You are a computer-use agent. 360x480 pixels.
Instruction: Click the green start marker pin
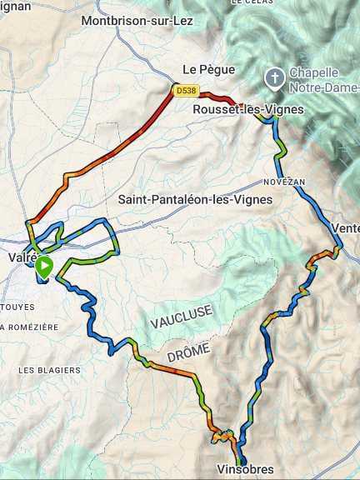pyautogui.click(x=44, y=266)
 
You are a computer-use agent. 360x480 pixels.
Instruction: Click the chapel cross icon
pyautogui.click(x=274, y=78)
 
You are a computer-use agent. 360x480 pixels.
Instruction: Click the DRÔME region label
pyautogui.click(x=188, y=352)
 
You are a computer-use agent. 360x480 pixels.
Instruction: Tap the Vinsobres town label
pyautogui.click(x=244, y=470)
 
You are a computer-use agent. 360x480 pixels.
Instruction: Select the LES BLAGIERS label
pyautogui.click(x=49, y=370)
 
